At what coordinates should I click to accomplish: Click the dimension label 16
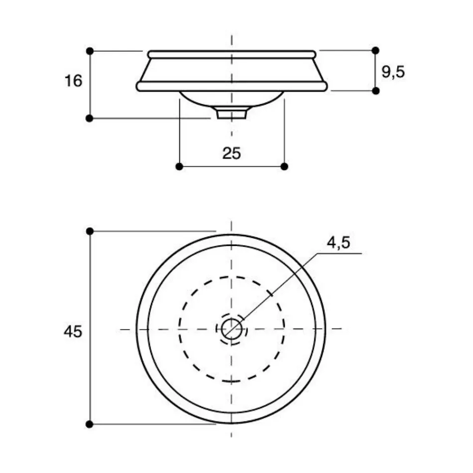(x=73, y=81)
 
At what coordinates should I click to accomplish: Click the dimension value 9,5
(x=393, y=72)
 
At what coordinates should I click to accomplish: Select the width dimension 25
(x=232, y=153)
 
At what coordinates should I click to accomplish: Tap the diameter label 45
(x=73, y=332)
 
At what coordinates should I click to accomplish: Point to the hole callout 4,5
(x=338, y=242)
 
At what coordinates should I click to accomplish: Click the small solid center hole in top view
(x=232, y=329)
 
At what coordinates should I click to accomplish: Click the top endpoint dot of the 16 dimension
(x=90, y=51)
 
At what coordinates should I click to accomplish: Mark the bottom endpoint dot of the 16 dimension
(x=90, y=118)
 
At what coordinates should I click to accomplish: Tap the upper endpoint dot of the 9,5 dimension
(x=375, y=50)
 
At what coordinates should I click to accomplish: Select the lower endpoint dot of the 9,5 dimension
(x=375, y=91)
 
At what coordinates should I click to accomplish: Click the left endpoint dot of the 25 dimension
(x=179, y=166)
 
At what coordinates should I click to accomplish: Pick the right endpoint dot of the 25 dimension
(x=284, y=166)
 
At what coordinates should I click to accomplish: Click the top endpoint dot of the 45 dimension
(x=90, y=231)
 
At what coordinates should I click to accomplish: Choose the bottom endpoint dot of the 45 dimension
(x=90, y=424)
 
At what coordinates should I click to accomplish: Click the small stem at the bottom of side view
(x=232, y=114)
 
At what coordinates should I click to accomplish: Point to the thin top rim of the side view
(x=232, y=54)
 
